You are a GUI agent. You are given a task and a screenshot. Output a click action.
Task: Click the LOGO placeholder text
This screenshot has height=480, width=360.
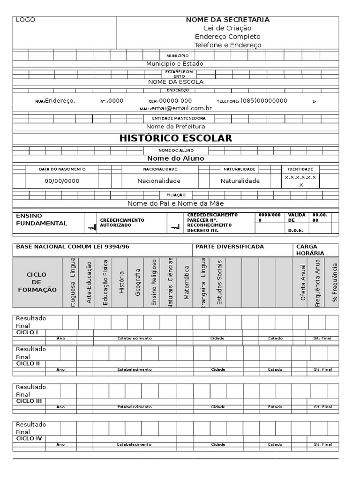click(25, 20)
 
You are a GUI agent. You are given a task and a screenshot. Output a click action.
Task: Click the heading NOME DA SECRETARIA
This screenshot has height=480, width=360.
click(227, 20)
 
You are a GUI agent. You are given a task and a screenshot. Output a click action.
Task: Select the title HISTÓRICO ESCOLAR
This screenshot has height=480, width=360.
click(176, 138)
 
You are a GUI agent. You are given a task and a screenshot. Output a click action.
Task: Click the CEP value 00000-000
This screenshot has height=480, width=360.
click(175, 101)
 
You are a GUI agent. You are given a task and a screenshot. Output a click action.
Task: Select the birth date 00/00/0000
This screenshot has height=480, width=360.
click(62, 181)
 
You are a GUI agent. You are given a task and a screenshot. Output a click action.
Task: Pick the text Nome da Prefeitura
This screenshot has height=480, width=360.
click(175, 127)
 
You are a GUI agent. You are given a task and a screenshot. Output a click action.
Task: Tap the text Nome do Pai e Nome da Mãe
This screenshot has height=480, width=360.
click(175, 203)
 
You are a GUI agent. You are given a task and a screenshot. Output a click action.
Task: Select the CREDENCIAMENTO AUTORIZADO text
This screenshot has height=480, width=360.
click(122, 223)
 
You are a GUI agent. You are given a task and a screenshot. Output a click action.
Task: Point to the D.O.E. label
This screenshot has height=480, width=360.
click(295, 230)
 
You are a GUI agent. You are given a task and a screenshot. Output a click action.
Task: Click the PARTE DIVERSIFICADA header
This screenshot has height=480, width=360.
click(230, 247)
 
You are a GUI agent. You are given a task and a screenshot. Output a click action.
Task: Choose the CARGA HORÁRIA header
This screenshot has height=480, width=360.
click(307, 250)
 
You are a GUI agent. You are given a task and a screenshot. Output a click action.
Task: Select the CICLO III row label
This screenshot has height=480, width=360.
click(29, 401)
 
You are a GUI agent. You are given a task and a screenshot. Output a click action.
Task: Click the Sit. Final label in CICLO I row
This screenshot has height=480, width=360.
click(322, 338)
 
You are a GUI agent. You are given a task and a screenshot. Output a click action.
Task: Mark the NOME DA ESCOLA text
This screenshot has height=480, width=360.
click(175, 82)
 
